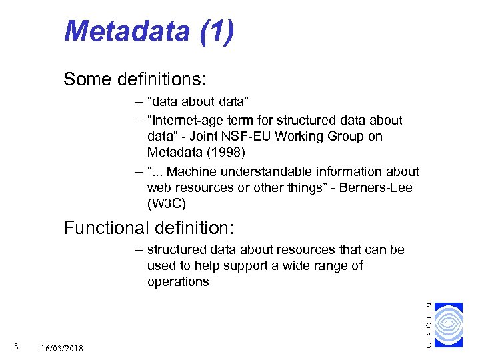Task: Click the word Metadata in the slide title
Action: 127,31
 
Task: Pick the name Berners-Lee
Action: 376,188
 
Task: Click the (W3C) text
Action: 165,203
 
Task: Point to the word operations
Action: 178,281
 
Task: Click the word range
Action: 325,266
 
